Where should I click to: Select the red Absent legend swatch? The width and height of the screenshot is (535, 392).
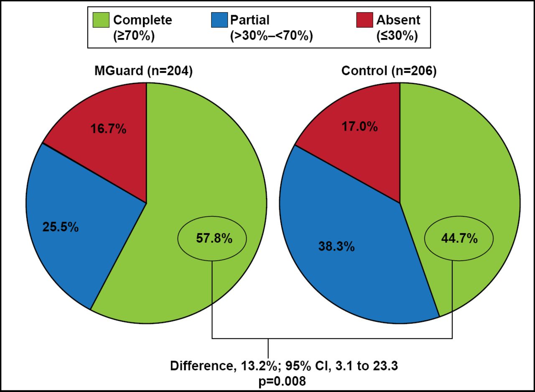pyautogui.click(x=364, y=20)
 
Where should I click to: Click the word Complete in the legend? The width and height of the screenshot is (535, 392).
pyautogui.click(x=142, y=20)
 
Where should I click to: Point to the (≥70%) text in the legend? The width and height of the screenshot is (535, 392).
pyautogui.click(x=134, y=36)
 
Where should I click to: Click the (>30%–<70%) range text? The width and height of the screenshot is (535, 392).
pyautogui.click(x=271, y=36)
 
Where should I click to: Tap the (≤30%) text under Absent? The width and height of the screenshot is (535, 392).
pyautogui.click(x=397, y=36)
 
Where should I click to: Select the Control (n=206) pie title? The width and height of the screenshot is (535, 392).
pyautogui.click(x=389, y=71)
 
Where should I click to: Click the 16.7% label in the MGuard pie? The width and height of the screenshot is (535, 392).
pyautogui.click(x=108, y=129)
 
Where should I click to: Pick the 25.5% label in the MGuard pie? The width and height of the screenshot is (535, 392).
pyautogui.click(x=60, y=227)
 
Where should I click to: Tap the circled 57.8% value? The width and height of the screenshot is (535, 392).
pyautogui.click(x=214, y=238)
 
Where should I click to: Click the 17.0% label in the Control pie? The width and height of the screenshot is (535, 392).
pyautogui.click(x=360, y=127)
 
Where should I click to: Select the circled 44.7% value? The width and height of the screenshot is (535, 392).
pyautogui.click(x=459, y=238)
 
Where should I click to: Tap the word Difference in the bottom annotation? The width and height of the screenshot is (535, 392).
pyautogui.click(x=198, y=366)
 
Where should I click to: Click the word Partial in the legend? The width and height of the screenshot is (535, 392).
pyautogui.click(x=250, y=20)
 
